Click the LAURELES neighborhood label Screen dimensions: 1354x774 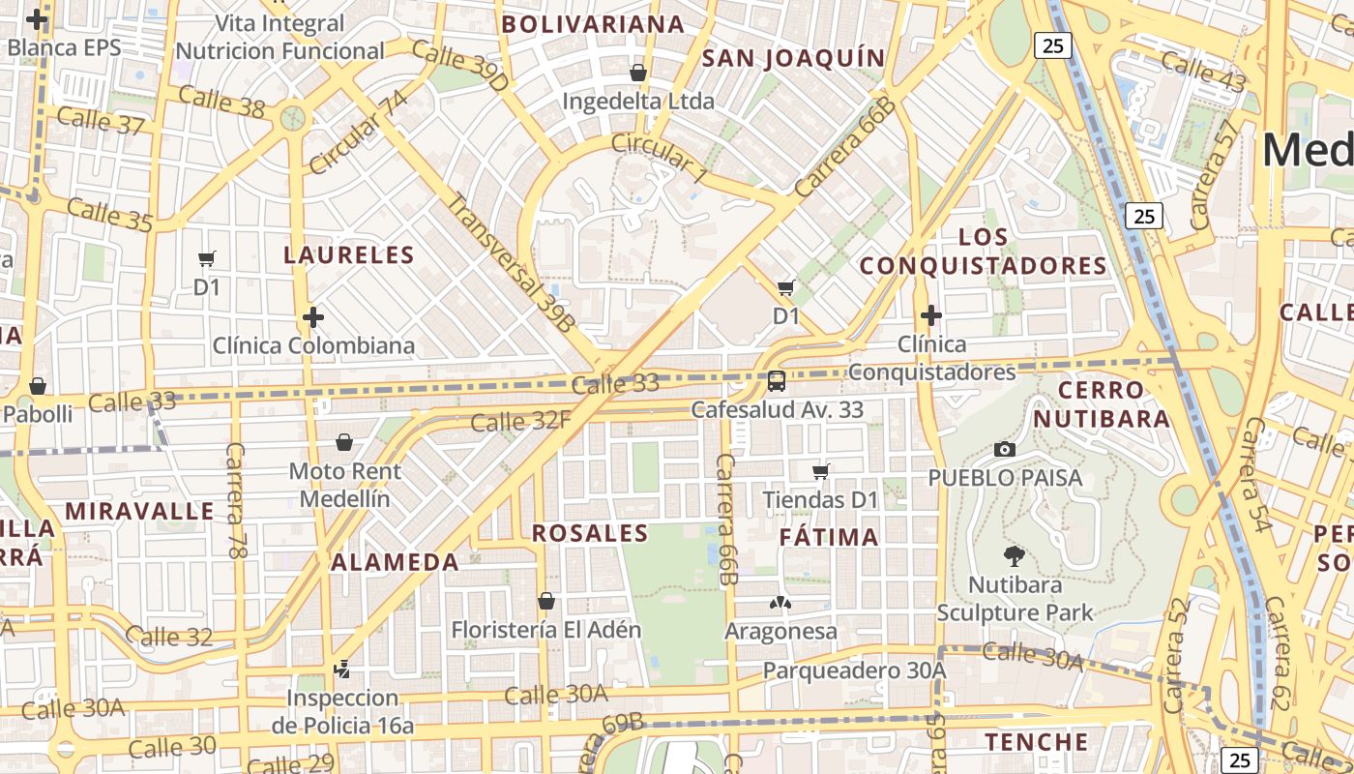[x=348, y=255]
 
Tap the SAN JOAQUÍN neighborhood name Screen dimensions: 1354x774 [x=793, y=58]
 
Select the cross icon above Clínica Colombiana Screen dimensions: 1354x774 [x=312, y=316]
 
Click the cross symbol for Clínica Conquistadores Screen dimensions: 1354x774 [x=930, y=315]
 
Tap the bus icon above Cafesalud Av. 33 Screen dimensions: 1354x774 [x=777, y=381]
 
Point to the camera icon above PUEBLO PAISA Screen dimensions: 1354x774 [x=1005, y=449]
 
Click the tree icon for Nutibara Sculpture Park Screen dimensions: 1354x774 [x=1015, y=556]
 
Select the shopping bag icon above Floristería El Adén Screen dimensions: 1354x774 [x=546, y=601]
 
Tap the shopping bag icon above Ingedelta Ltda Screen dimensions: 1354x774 [x=638, y=73]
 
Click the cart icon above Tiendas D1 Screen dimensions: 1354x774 [x=821, y=471]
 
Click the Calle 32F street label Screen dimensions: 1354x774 [x=520, y=421]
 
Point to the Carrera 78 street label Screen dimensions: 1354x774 [x=235, y=499]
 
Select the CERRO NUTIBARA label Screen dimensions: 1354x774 [x=1101, y=404]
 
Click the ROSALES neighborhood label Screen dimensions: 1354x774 [x=590, y=533]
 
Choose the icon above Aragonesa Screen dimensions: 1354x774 [x=780, y=603]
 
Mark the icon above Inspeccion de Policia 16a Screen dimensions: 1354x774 [x=341, y=669]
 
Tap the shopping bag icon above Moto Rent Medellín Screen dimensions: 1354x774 [x=344, y=442]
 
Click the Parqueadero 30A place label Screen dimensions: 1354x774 [x=854, y=670]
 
